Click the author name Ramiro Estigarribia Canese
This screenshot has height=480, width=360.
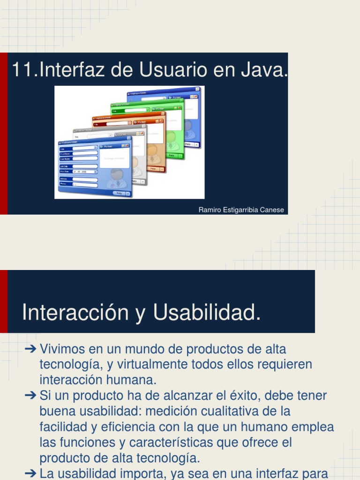(241, 210)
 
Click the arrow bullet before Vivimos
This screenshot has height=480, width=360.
(30, 349)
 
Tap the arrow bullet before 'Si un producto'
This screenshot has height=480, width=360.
(30, 396)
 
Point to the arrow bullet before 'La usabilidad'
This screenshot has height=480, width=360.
(30, 473)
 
